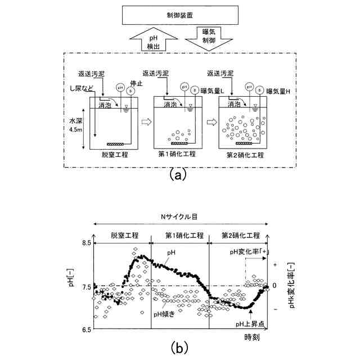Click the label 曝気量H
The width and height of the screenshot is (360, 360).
click(278, 91)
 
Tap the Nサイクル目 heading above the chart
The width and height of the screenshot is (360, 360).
click(179, 217)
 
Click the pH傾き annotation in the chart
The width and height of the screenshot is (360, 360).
click(164, 314)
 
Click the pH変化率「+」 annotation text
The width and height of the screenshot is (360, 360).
click(248, 251)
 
